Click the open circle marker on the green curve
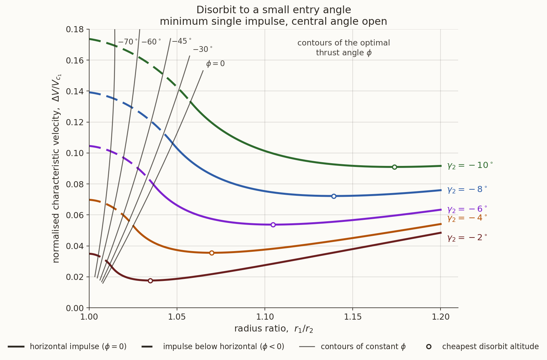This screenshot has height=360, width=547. tap(394, 167)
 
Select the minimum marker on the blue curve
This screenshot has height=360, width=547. tap(334, 196)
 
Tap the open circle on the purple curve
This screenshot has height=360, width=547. tap(273, 225)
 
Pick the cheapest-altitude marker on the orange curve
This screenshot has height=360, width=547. tap(212, 253)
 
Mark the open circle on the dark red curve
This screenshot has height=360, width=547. tap(151, 281)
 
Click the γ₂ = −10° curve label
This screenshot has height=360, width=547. tap(470, 166)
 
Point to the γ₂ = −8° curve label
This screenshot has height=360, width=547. tap(467, 190)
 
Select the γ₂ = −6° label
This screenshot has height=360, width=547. tap(467, 209)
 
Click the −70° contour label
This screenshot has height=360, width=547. tap(128, 42)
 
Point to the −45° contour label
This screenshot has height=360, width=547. tap(182, 41)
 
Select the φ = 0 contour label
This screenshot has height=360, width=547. tap(215, 64)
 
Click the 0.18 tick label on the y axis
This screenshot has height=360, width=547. tap(75, 29)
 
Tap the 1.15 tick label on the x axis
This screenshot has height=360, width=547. tap(353, 317)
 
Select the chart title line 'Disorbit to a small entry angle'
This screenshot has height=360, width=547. tap(273, 10)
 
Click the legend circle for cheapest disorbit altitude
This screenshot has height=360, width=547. tap(429, 346)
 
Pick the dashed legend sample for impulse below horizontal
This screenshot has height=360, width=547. tap(147, 346)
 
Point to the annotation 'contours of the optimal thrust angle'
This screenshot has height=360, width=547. tap(344, 48)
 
